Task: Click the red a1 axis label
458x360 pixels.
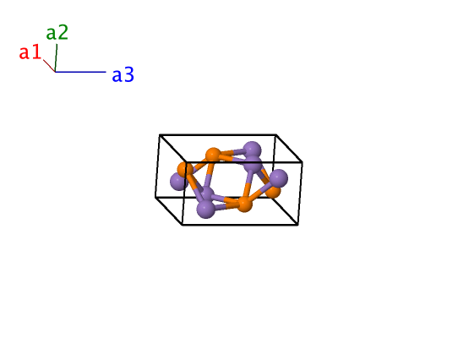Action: click(30, 52)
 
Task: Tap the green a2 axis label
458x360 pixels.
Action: click(57, 32)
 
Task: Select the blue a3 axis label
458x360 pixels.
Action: click(123, 74)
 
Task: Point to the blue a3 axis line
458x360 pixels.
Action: click(80, 72)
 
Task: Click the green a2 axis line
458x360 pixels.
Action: click(56, 57)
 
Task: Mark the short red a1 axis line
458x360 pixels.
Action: click(49, 66)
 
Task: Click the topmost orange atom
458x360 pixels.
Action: click(213, 155)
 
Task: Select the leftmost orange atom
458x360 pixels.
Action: click(185, 170)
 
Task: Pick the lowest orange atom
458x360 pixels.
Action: click(244, 204)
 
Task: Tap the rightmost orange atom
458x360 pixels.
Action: click(274, 191)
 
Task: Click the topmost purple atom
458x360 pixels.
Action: click(252, 150)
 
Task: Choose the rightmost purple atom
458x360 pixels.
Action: click(278, 178)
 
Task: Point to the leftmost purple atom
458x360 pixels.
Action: click(179, 182)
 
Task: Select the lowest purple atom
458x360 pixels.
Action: click(206, 209)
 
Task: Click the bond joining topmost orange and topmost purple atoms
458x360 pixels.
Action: click(232, 152)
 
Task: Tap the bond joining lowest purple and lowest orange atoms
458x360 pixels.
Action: click(226, 206)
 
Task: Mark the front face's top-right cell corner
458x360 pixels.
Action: click(302, 162)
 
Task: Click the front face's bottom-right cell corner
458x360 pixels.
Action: click(297, 225)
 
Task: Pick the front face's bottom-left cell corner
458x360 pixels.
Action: click(183, 225)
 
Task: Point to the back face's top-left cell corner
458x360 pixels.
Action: click(160, 135)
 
